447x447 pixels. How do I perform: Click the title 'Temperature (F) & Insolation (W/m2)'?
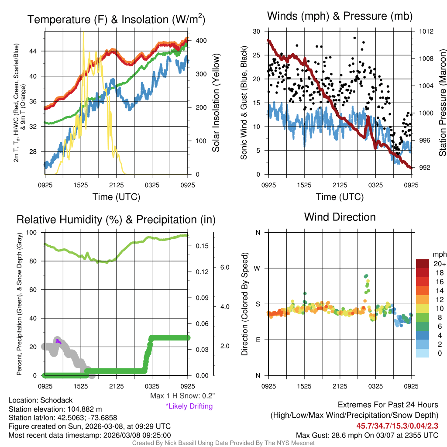[116, 19]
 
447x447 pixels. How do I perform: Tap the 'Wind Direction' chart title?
[340, 217]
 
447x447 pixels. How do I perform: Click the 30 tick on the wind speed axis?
[257, 31]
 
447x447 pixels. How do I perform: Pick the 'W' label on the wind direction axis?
[258, 268]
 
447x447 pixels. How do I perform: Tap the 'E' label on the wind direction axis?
[258, 340]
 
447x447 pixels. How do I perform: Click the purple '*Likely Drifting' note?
[189, 406]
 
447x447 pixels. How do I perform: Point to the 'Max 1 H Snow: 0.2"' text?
[182, 396]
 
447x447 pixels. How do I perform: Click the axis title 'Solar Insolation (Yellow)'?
[216, 103]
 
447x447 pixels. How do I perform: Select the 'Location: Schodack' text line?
[41, 400]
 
